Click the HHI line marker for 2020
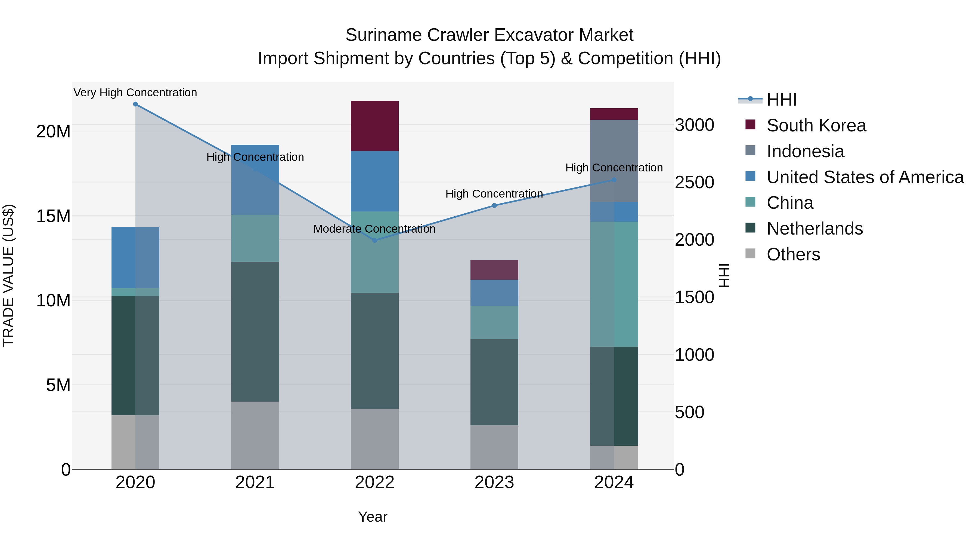tap(135, 104)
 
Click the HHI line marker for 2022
tap(375, 240)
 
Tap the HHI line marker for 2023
tap(494, 205)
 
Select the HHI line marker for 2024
tap(614, 180)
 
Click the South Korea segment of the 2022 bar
tap(375, 126)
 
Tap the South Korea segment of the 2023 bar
tap(494, 270)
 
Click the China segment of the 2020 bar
tap(135, 292)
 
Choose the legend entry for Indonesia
tap(805, 151)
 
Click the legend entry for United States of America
tap(865, 177)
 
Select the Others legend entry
tap(793, 254)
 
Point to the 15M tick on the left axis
tap(53, 216)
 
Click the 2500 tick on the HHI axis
tap(694, 183)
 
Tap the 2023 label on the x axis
tap(494, 482)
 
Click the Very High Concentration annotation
tap(135, 93)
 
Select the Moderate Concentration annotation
tap(374, 229)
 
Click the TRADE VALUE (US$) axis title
tap(9, 275)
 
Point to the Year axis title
tap(373, 517)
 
